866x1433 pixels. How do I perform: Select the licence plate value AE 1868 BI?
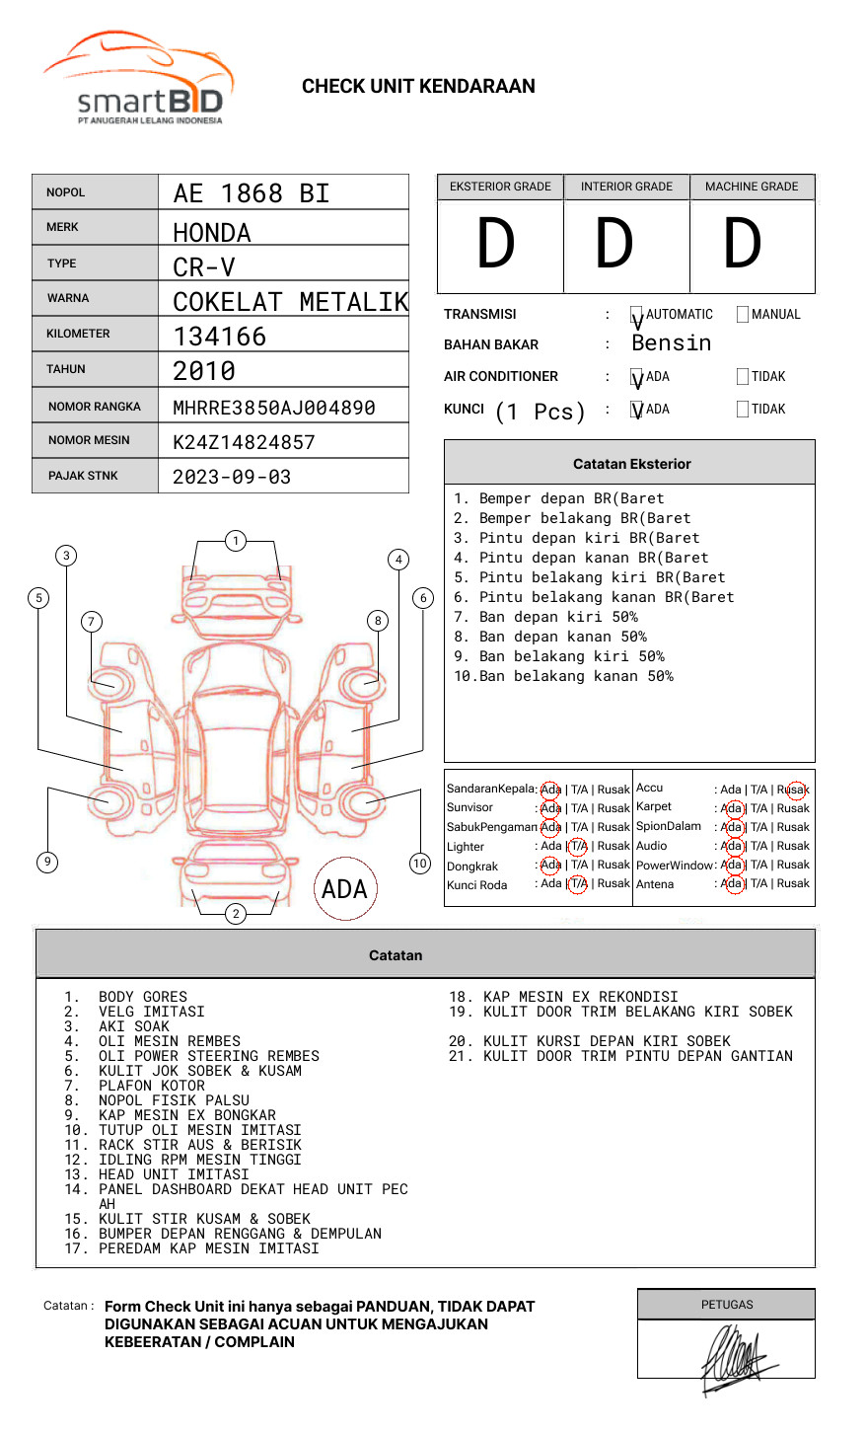252,193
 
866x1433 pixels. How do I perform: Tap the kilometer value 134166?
219,337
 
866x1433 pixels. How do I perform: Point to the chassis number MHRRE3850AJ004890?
274,408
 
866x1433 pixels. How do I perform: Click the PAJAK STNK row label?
83,476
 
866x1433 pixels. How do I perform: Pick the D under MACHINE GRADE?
743,243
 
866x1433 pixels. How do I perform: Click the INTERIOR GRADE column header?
626,187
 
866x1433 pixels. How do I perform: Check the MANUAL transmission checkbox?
743,314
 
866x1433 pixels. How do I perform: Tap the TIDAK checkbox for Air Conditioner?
743,376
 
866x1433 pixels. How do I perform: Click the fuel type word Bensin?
672,342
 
